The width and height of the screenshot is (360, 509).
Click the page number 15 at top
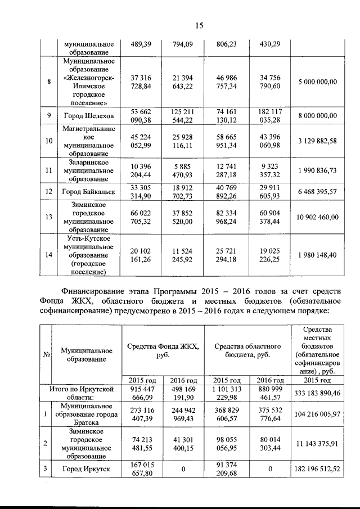pos(199,25)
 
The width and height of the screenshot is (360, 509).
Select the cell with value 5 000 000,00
pos(318,82)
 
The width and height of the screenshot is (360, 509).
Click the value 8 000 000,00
pos(318,116)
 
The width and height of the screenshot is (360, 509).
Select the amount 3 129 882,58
pos(318,141)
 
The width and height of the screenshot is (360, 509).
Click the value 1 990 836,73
pos(318,170)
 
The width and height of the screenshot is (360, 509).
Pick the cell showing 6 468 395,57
pos(318,192)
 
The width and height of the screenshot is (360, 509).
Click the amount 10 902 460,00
pos(318,217)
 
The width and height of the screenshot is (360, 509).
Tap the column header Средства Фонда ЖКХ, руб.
pos(163,352)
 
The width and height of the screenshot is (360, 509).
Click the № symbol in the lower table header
pos(45,354)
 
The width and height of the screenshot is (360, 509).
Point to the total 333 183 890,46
pos(318,393)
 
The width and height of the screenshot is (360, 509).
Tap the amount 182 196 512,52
pos(318,469)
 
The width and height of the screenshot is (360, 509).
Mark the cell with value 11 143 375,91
pos(318,443)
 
